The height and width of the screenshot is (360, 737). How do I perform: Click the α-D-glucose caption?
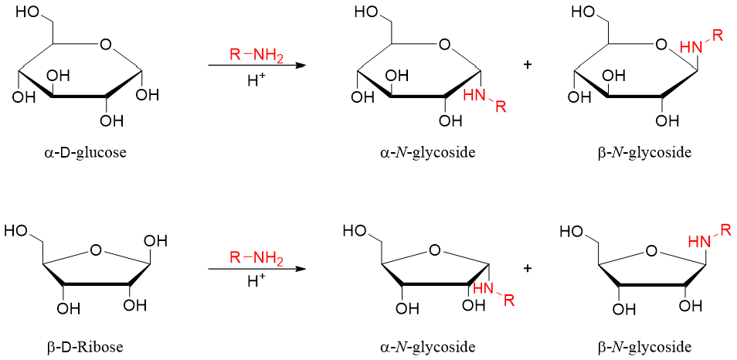(85, 152)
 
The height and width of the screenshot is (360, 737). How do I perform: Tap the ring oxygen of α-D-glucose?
(105, 44)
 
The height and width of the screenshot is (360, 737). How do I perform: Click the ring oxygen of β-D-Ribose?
(96, 250)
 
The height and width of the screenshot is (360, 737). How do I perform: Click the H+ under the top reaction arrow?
(257, 80)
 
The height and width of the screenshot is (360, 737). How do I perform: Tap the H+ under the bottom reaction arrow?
(257, 282)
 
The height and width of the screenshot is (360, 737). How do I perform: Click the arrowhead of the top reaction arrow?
(300, 66)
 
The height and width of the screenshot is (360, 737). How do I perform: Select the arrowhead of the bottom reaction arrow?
(300, 269)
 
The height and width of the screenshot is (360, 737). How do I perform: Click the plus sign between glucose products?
(528, 65)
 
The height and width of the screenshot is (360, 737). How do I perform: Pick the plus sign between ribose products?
(528, 268)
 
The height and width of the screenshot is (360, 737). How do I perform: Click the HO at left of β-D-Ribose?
(19, 231)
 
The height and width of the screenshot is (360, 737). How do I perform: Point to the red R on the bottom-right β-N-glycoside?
(725, 229)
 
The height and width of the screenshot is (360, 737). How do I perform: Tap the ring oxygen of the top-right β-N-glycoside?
(661, 44)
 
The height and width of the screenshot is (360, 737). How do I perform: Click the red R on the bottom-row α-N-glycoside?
(508, 302)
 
